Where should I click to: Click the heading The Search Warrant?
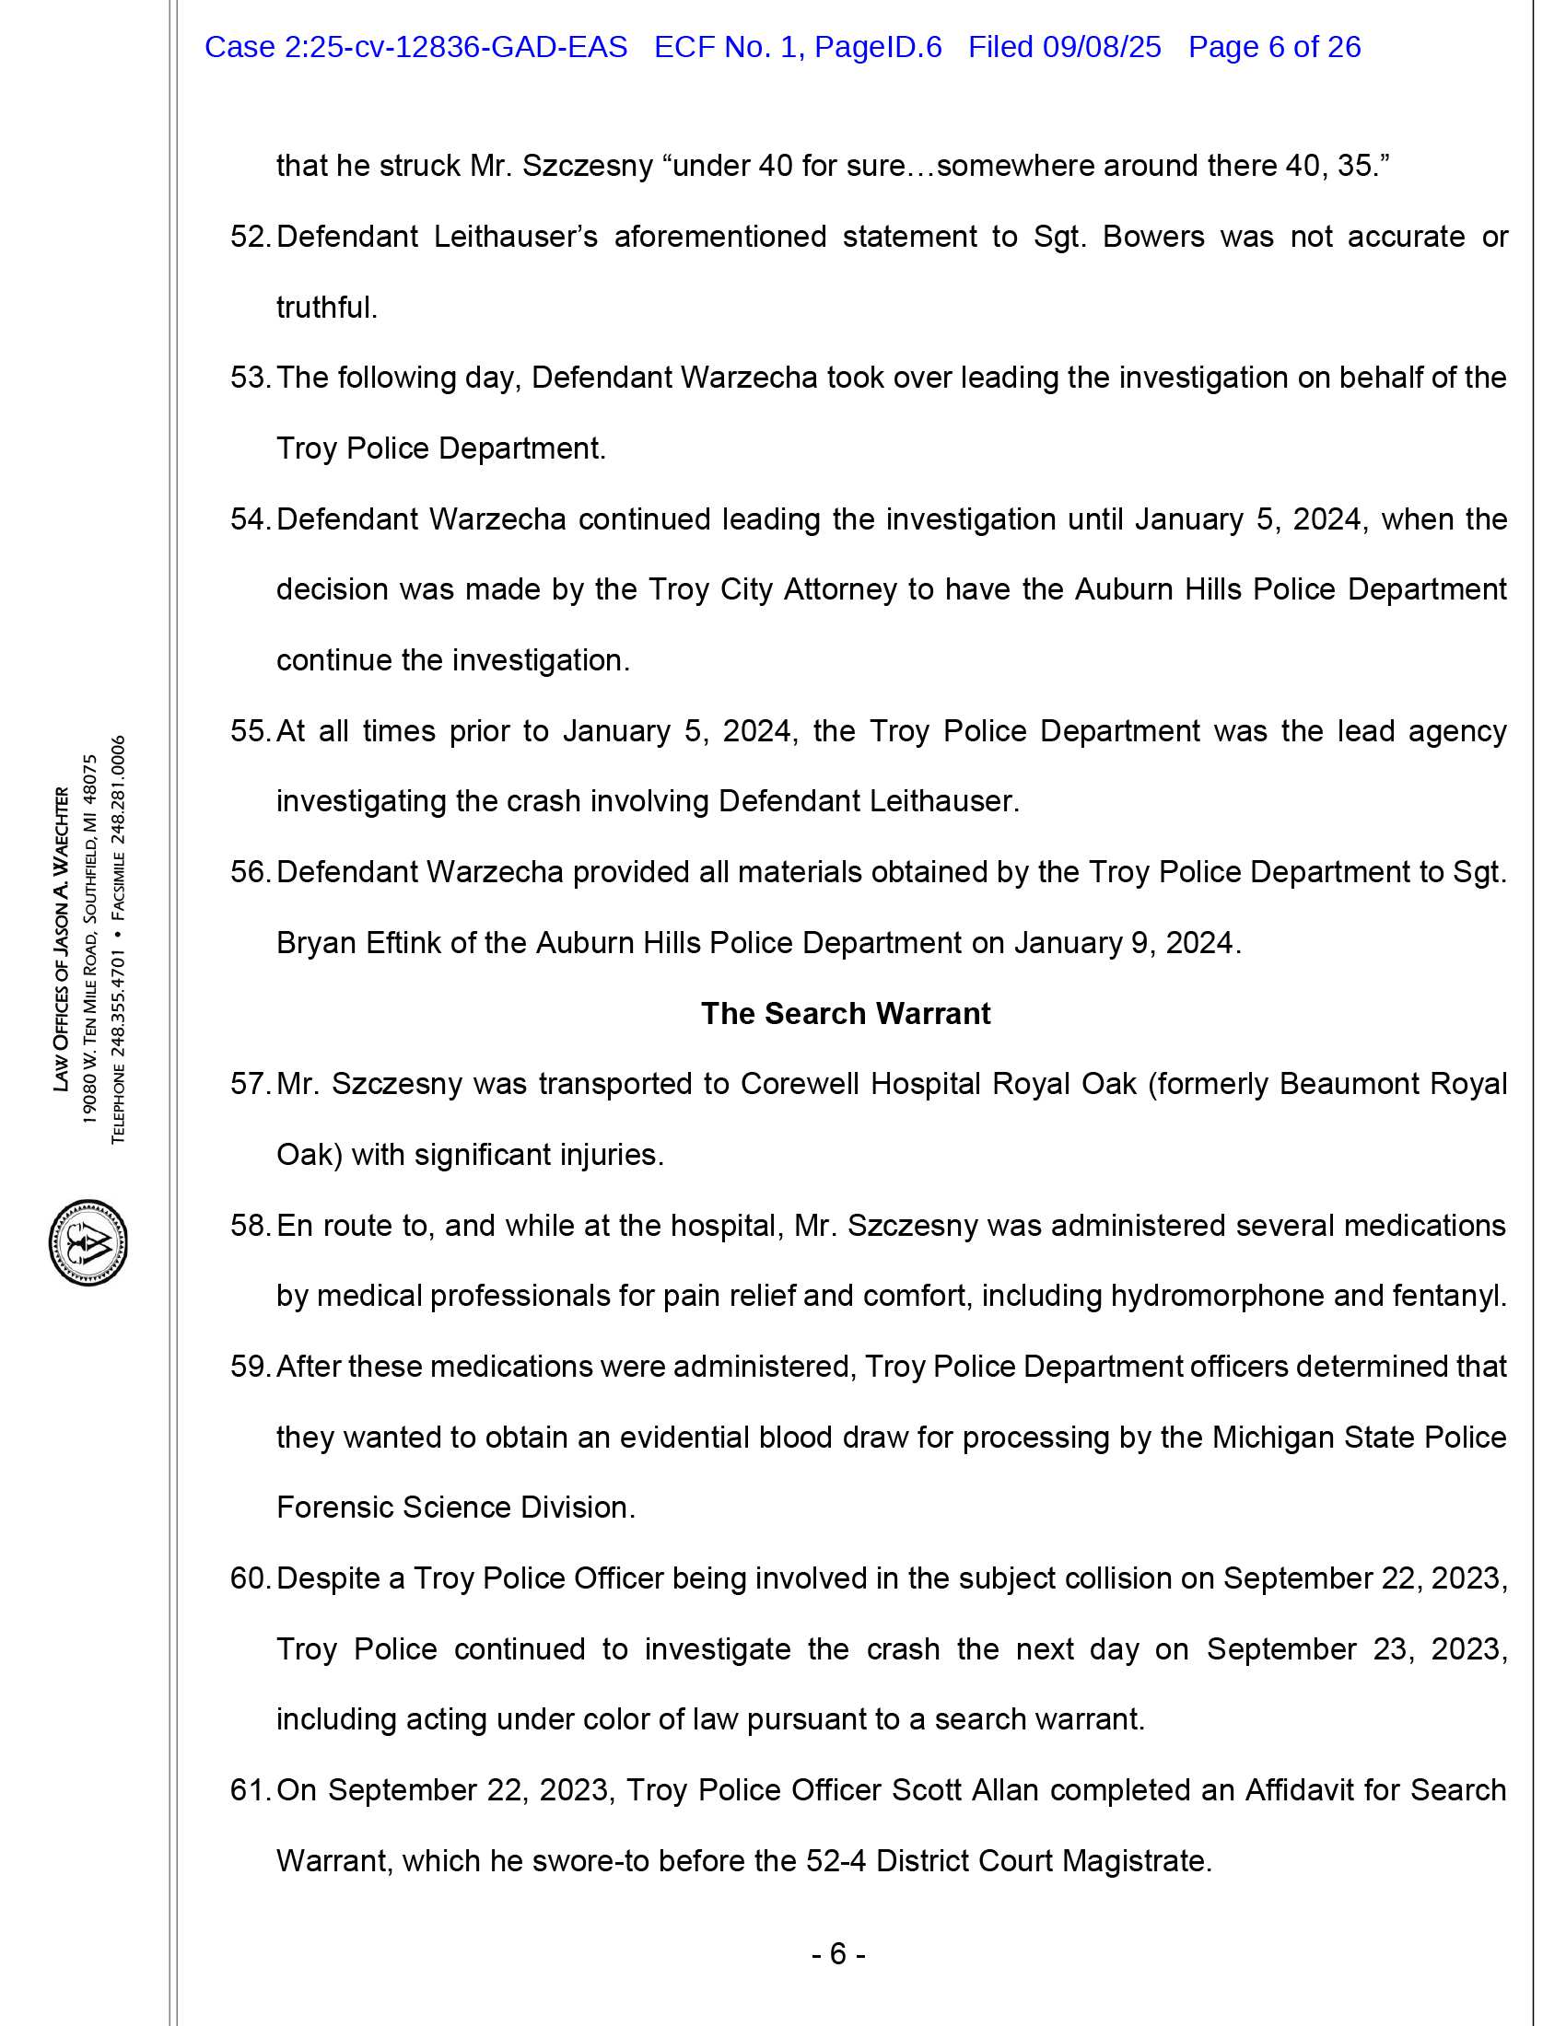click(x=845, y=1013)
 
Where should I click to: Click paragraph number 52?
click(x=249, y=237)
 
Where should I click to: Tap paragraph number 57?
click(x=249, y=1084)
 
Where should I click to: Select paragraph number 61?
click(x=249, y=1789)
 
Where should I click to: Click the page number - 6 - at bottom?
click(x=838, y=1954)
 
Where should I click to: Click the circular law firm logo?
click(x=88, y=1242)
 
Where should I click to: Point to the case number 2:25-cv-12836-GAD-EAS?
click(x=415, y=46)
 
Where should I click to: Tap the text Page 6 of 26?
click(x=1275, y=46)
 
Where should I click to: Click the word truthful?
click(x=327, y=307)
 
